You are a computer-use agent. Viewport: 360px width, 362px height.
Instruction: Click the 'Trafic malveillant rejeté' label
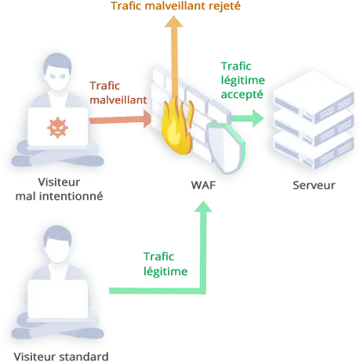pyautogui.click(x=176, y=6)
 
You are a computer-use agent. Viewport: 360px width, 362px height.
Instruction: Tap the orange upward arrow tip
pyautogui.click(x=173, y=16)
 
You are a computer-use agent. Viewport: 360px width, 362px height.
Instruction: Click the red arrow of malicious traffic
pyautogui.click(x=120, y=120)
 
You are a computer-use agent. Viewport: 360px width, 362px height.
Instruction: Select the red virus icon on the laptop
pyautogui.click(x=57, y=128)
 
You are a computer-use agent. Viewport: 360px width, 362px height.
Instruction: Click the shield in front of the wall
pyautogui.click(x=226, y=147)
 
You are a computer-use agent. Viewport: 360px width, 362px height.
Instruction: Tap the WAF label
pyautogui.click(x=203, y=185)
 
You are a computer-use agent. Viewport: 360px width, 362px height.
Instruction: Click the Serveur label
pyautogui.click(x=314, y=185)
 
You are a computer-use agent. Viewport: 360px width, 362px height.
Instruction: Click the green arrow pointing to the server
pyautogui.click(x=247, y=118)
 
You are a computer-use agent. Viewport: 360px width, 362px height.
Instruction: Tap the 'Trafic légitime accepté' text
pyautogui.click(x=243, y=80)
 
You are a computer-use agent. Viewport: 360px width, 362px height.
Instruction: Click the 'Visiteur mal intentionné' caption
pyautogui.click(x=59, y=189)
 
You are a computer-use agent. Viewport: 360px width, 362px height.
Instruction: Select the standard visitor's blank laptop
pyautogui.click(x=57, y=299)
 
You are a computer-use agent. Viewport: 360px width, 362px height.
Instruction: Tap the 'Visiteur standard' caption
pyautogui.click(x=61, y=357)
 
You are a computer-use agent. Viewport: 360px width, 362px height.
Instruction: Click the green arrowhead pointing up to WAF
pyautogui.click(x=203, y=207)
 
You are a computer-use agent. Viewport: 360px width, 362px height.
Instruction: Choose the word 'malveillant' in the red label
pyautogui.click(x=118, y=100)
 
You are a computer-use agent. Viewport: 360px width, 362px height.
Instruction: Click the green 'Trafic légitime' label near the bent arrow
pyautogui.click(x=165, y=264)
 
